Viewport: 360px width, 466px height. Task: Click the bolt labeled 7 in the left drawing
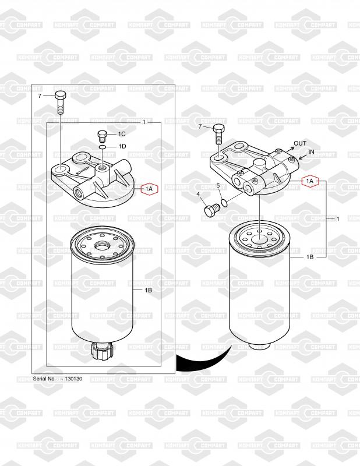click(x=60, y=103)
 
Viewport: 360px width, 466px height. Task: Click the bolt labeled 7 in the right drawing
click(x=219, y=134)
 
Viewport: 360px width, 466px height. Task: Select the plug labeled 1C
click(x=102, y=136)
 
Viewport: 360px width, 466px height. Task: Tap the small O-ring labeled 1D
click(x=102, y=147)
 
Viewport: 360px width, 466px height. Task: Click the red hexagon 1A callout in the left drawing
click(x=149, y=189)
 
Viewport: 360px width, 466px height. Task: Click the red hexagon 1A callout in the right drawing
click(x=310, y=181)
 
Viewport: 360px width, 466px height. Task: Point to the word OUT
click(x=300, y=143)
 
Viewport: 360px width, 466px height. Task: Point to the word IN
click(x=311, y=151)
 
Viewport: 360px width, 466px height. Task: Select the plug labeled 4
click(x=211, y=210)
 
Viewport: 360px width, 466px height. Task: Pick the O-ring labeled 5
click(x=224, y=203)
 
